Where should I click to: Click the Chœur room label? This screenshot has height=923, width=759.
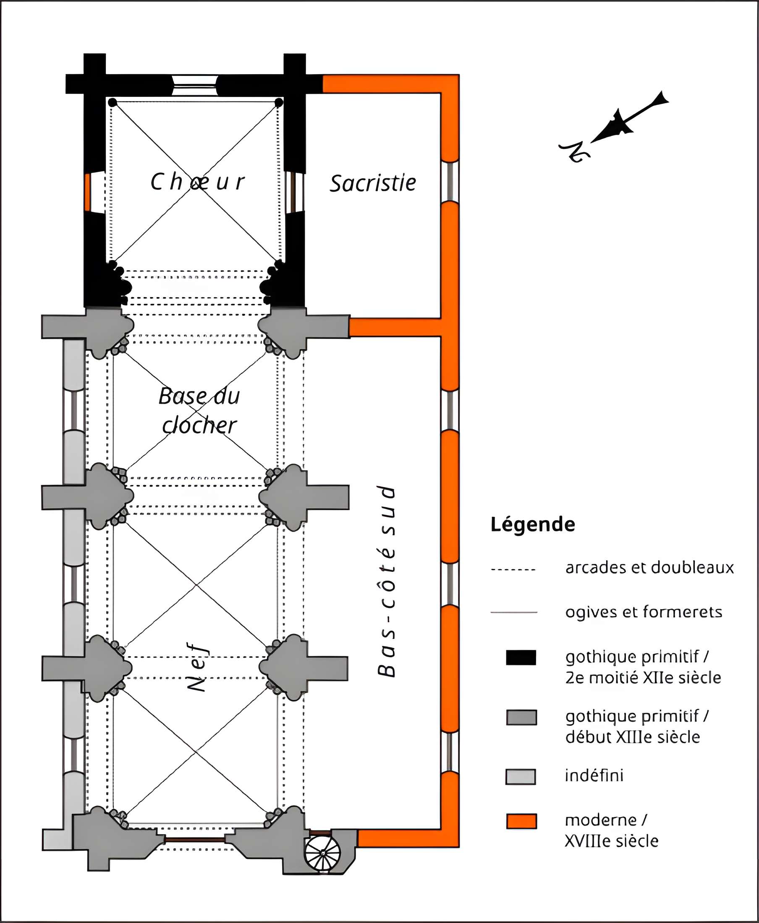click(x=197, y=182)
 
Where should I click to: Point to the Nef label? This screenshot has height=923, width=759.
click(x=198, y=667)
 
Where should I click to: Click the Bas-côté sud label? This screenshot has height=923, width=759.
click(x=387, y=581)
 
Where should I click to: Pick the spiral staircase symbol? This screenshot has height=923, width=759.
click(x=323, y=853)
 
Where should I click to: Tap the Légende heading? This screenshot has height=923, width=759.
click(x=533, y=524)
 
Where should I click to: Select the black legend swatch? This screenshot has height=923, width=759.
click(x=521, y=657)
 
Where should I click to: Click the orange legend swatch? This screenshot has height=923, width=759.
click(x=521, y=821)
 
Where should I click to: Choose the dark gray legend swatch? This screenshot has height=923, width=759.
click(x=521, y=717)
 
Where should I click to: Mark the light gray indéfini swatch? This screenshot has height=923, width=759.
click(x=520, y=777)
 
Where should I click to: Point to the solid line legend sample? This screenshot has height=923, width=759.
click(x=514, y=613)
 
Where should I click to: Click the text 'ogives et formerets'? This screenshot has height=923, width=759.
click(x=644, y=612)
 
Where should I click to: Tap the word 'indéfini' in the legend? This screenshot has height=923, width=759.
click(x=594, y=776)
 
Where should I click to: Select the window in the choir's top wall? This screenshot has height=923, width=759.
click(x=194, y=85)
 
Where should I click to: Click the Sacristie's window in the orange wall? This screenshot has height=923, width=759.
click(x=450, y=182)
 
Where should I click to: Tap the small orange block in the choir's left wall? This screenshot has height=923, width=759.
click(x=87, y=192)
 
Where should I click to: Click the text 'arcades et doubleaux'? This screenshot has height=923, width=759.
click(x=649, y=568)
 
